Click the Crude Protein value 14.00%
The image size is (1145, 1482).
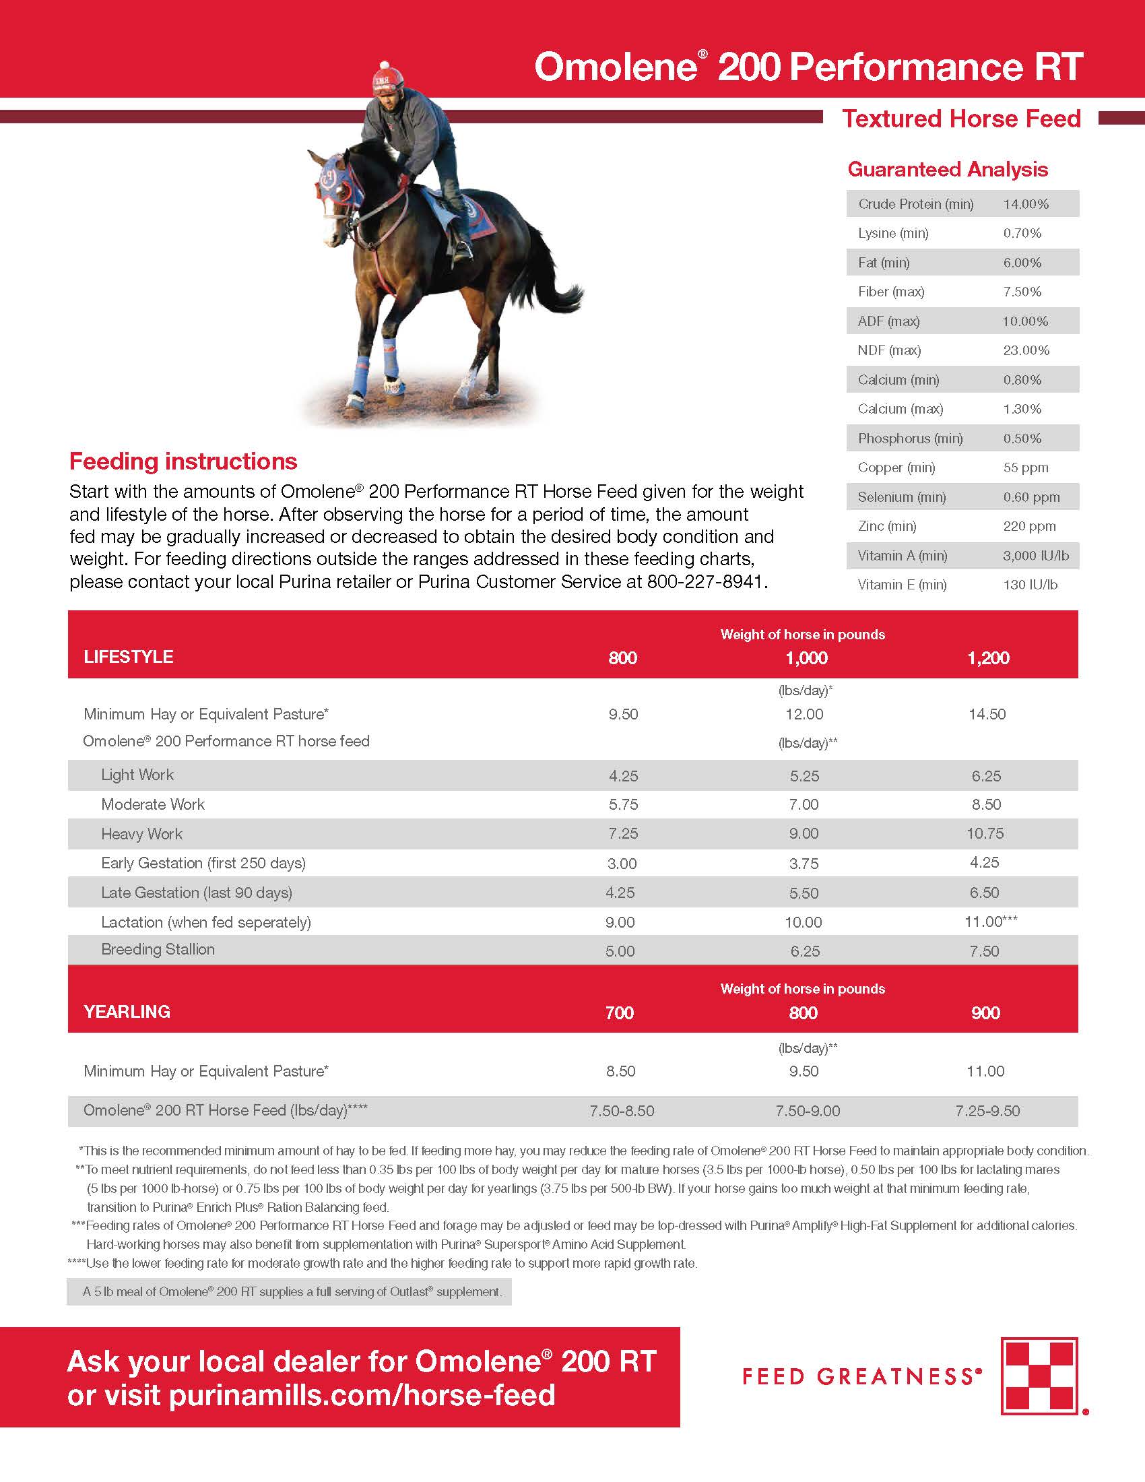click(1026, 204)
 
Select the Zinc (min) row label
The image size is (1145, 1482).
click(886, 526)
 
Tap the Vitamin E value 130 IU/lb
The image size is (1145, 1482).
click(1030, 585)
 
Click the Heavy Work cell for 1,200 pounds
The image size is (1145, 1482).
click(985, 833)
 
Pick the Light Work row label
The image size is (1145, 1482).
click(137, 775)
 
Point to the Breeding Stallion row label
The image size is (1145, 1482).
click(158, 949)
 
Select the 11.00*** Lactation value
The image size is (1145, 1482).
click(990, 922)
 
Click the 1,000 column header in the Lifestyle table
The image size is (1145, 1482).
click(806, 657)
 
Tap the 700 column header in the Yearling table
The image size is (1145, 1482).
click(619, 1013)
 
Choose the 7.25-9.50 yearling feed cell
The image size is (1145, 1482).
click(987, 1111)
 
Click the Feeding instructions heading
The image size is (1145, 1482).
click(183, 461)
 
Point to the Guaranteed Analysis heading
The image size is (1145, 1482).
click(948, 170)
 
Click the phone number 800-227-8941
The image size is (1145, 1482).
click(706, 582)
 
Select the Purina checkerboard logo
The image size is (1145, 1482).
click(1039, 1376)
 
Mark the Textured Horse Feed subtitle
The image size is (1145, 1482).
click(960, 119)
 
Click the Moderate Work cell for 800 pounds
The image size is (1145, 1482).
click(623, 805)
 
